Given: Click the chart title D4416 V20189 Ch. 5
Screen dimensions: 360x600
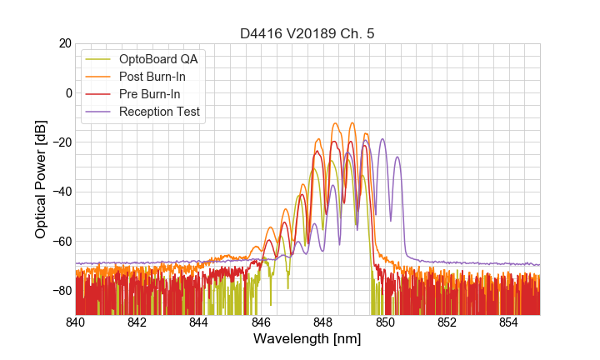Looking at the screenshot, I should pos(307,33).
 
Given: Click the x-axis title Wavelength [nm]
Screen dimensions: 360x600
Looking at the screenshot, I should pos(307,339).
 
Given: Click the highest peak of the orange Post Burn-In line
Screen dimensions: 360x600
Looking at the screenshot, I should pos(336,123).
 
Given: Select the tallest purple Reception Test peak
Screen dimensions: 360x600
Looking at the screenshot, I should pos(382,139).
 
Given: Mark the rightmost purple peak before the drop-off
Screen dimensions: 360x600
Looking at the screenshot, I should pos(397,157).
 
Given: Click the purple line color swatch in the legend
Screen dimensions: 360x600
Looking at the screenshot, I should pos(100,112).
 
